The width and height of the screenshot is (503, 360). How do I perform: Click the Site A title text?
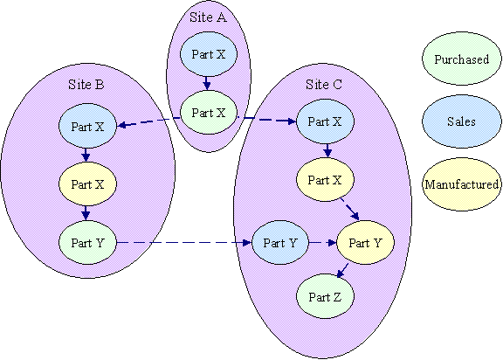pyautogui.click(x=208, y=17)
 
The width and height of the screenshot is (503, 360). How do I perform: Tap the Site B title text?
pyautogui.click(x=86, y=85)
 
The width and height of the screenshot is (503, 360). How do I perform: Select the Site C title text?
pyautogui.click(x=324, y=85)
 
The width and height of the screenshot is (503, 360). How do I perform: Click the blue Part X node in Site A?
pyautogui.click(x=209, y=54)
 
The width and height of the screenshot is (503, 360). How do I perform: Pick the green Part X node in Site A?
pyautogui.click(x=209, y=113)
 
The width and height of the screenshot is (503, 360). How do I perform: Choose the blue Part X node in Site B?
pyautogui.click(x=87, y=126)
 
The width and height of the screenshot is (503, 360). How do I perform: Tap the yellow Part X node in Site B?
pyautogui.click(x=87, y=184)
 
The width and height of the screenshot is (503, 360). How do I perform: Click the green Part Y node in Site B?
pyautogui.click(x=87, y=243)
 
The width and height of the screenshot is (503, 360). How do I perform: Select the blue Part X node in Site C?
pyautogui.click(x=325, y=121)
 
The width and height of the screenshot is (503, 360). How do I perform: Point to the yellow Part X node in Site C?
pyautogui.click(x=325, y=180)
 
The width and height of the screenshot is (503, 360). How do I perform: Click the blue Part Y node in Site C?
pyautogui.click(x=280, y=243)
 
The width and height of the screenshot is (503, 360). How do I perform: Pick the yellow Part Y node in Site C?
pyautogui.click(x=365, y=243)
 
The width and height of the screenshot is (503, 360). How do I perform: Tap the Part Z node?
pyautogui.click(x=325, y=296)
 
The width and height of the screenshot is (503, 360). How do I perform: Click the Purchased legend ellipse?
pyautogui.click(x=462, y=59)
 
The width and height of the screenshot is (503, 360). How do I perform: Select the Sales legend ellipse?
pyautogui.click(x=462, y=121)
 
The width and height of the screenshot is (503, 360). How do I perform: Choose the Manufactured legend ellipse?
pyautogui.click(x=462, y=184)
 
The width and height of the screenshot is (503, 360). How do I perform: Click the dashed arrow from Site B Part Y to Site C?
pyautogui.click(x=184, y=243)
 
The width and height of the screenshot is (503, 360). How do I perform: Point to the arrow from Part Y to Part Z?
pyautogui.click(x=342, y=271)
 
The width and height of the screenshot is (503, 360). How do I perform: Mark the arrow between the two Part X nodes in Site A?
pyautogui.click(x=207, y=83)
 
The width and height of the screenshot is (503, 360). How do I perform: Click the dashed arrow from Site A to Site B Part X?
pyautogui.click(x=149, y=121)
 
